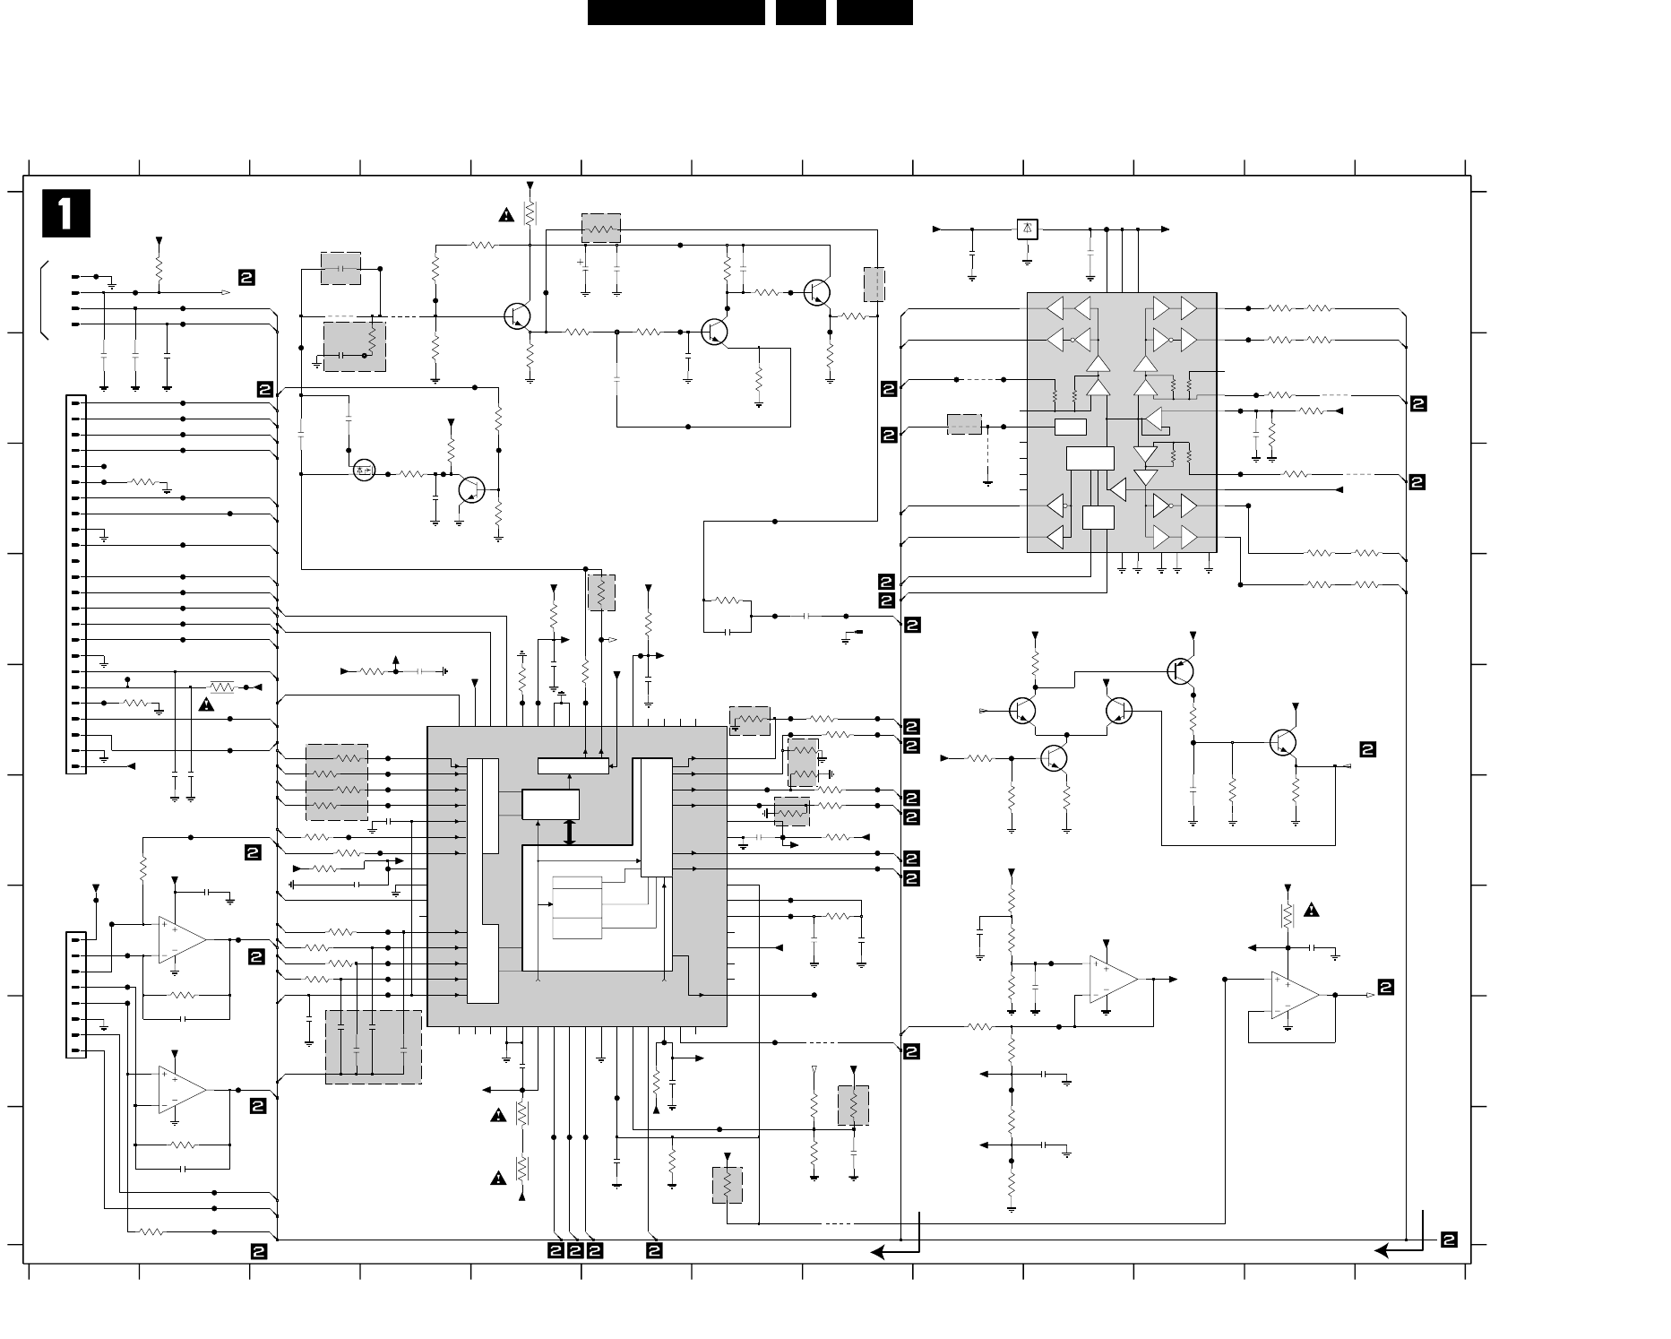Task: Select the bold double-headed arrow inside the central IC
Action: click(569, 832)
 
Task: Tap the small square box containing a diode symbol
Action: click(1028, 229)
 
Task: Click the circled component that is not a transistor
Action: click(364, 471)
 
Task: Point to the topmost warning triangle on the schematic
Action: click(507, 215)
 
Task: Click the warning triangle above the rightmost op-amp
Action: click(1312, 911)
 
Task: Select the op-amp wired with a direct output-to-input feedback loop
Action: click(1295, 995)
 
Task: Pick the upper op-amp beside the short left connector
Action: click(183, 940)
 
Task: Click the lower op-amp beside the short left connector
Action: click(183, 1090)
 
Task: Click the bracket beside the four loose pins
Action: click(44, 300)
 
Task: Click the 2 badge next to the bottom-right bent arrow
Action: click(1449, 1240)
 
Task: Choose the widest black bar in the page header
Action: click(676, 13)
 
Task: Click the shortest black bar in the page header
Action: click(800, 13)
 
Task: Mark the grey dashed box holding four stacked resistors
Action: click(337, 782)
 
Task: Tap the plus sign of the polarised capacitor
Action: click(581, 263)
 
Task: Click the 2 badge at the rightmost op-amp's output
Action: click(1386, 988)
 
